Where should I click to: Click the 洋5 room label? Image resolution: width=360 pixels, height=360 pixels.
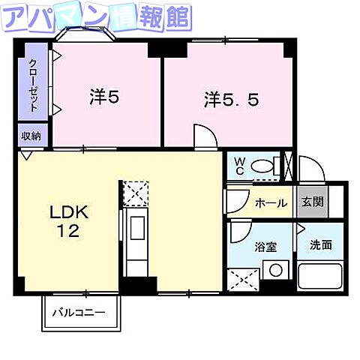click(104, 97)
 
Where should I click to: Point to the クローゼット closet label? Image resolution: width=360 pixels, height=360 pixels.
click(34, 85)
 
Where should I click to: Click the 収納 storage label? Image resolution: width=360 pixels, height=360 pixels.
click(31, 136)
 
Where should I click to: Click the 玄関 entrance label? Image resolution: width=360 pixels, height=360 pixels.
click(312, 202)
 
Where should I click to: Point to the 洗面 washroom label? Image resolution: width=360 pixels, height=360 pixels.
click(320, 244)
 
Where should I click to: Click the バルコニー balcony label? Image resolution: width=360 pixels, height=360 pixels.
click(79, 312)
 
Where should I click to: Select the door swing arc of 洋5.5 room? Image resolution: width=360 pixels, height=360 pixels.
click(205, 136)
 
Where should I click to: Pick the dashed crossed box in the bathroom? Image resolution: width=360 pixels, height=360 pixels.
click(245, 280)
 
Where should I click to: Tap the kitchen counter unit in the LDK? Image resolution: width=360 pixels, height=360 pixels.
click(136, 240)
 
